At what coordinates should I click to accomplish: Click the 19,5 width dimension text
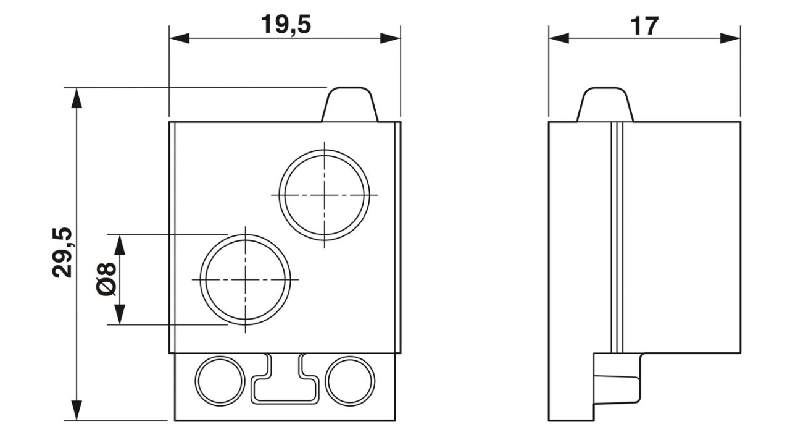[286, 25]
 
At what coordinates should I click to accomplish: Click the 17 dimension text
[644, 26]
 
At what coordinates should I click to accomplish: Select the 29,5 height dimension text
[62, 253]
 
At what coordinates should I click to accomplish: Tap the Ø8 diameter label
[106, 279]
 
